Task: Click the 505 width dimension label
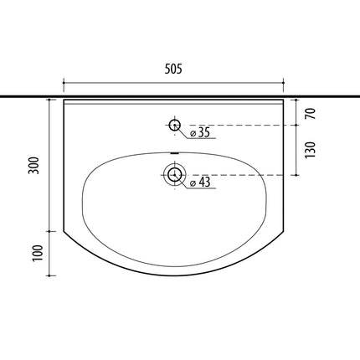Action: coord(173,69)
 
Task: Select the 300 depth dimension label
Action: coord(34,166)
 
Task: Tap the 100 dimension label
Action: coord(38,253)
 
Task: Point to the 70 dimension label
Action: coord(311,113)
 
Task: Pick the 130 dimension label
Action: coord(311,150)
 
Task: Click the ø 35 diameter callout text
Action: coord(200,132)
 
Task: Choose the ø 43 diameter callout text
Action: coord(200,182)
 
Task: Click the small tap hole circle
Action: coord(175,125)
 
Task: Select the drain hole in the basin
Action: coord(175,175)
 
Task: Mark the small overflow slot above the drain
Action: coord(175,153)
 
